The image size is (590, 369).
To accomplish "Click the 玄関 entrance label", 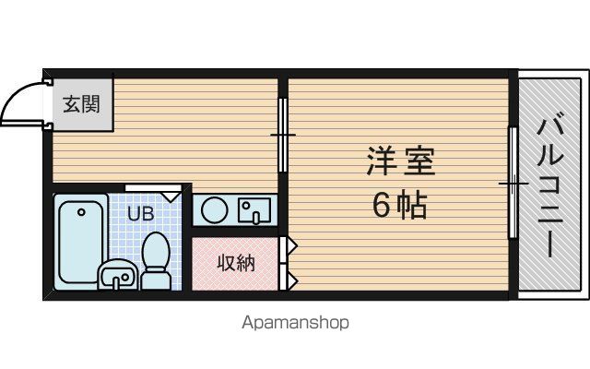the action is click(81, 104).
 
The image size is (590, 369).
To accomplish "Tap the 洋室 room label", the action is click(401, 162).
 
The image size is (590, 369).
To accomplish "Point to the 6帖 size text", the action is click(399, 206).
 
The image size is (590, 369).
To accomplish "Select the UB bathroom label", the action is click(141, 213).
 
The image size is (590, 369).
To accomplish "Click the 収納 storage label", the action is click(236, 263).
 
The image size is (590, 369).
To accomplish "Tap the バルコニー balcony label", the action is click(550, 187).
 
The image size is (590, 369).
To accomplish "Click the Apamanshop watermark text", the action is click(295, 323).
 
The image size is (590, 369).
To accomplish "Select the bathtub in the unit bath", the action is click(81, 242).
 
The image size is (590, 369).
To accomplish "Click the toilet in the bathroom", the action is click(156, 260).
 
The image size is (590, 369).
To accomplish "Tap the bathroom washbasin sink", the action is click(118, 275).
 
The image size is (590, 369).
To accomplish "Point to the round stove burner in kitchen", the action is click(215, 209).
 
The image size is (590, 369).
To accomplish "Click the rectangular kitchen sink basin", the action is click(254, 210).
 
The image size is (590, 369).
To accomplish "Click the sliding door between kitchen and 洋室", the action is click(283, 135).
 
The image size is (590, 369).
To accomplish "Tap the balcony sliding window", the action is click(513, 183).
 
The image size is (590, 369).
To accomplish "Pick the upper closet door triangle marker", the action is click(292, 246).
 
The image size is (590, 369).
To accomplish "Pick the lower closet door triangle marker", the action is click(292, 280).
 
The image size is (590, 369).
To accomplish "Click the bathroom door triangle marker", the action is click(171, 196).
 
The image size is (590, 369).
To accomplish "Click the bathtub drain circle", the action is click(81, 212).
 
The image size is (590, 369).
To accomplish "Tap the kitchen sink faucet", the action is click(256, 217).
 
